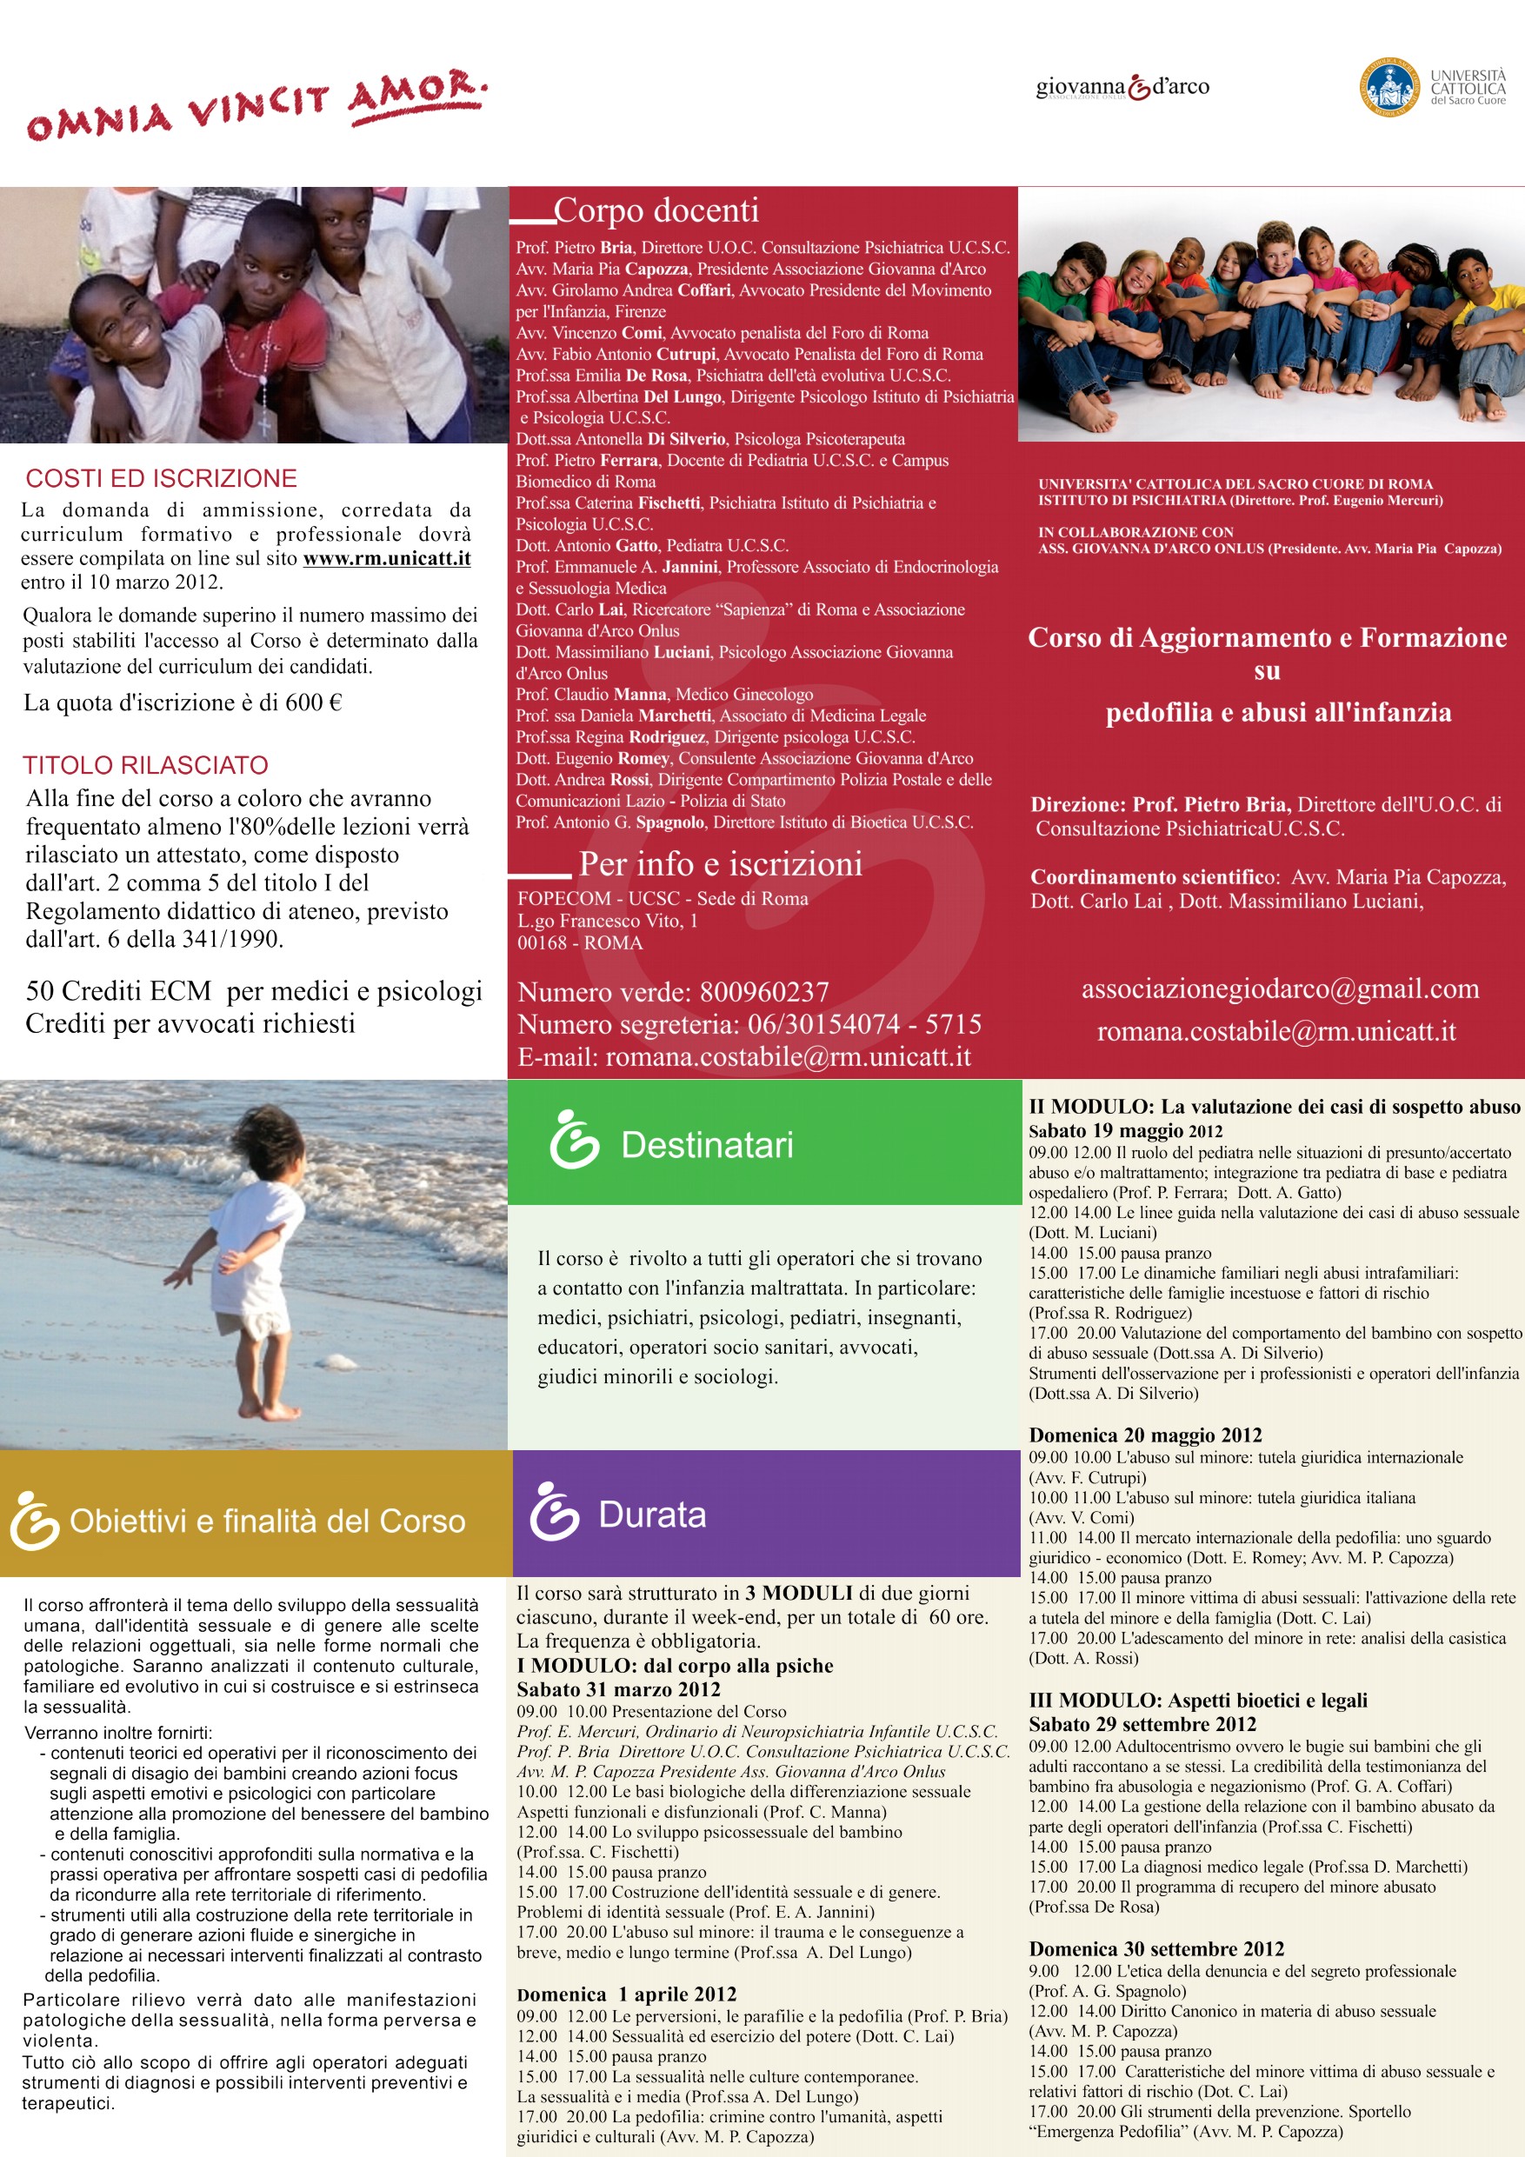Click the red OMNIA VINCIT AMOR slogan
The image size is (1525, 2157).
[256, 106]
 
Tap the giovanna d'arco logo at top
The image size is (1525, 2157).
[1122, 87]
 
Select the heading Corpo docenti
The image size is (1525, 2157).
[656, 210]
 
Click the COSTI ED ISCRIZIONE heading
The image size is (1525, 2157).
[161, 478]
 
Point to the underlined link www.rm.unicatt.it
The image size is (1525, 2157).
[386, 558]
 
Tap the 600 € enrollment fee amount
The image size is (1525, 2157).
[314, 702]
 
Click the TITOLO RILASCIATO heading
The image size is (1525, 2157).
[146, 765]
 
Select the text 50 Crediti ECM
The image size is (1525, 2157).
[118, 990]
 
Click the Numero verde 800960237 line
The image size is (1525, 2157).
[673, 992]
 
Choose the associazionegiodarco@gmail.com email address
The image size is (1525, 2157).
[1280, 989]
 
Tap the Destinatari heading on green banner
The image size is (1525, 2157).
[707, 1145]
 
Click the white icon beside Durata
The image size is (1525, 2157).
[555, 1512]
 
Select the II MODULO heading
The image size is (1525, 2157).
[1273, 1107]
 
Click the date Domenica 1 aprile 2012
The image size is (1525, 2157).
[626, 1994]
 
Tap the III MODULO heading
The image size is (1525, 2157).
[1197, 1700]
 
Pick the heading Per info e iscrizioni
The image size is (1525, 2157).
[720, 863]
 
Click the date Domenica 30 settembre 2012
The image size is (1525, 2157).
[1155, 1948]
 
